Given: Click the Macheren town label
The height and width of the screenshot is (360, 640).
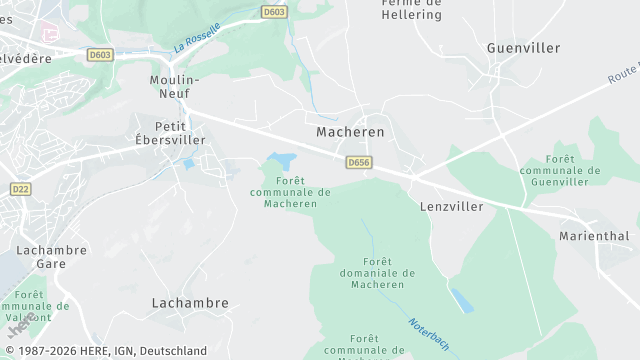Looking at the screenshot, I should [x=350, y=131].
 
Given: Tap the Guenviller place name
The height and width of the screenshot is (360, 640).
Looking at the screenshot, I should [x=523, y=47].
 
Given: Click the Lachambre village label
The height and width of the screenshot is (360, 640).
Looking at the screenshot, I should [x=190, y=302].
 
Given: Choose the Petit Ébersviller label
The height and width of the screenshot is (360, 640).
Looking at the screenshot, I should [x=179, y=133].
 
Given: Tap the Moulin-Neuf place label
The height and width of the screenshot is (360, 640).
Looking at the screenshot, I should [x=174, y=86].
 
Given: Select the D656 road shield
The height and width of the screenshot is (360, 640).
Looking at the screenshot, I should [x=359, y=162].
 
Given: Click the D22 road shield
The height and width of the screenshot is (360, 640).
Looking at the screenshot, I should [x=19, y=188].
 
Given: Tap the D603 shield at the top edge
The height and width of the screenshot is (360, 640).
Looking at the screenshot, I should [x=273, y=12].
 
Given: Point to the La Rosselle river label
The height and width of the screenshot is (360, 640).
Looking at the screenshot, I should [x=196, y=37].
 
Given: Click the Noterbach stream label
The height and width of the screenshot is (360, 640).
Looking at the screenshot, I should [x=427, y=334].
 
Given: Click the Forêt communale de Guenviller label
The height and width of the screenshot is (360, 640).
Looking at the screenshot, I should [x=560, y=171].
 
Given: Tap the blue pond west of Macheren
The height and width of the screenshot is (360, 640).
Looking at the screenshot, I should [x=281, y=161].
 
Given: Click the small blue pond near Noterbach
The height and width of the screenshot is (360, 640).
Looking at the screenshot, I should [x=461, y=300].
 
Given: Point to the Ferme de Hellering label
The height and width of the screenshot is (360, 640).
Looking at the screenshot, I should [x=411, y=10].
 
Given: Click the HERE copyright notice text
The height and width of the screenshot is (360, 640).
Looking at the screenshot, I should [x=105, y=351].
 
